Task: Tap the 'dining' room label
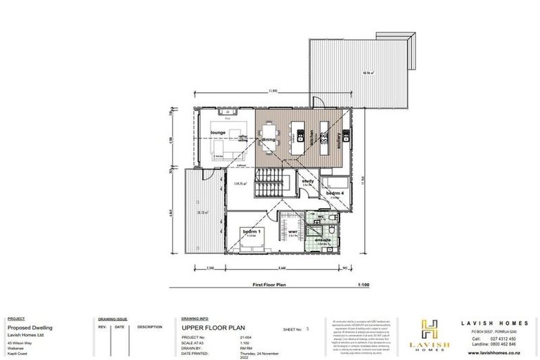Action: click(269, 139)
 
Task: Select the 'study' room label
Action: click(307, 181)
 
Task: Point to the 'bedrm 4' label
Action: click(333, 193)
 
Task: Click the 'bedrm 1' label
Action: click(252, 231)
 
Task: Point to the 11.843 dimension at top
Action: click(275, 91)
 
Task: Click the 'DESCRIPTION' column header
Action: click(150, 326)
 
